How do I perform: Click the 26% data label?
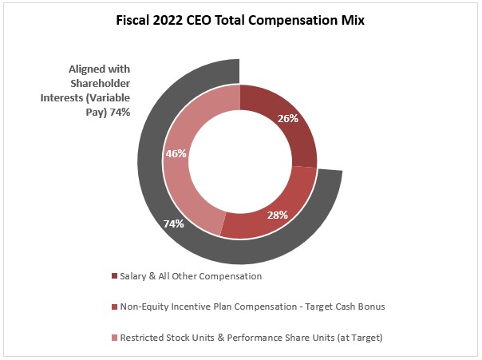(288, 118)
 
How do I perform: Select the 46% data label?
(176, 152)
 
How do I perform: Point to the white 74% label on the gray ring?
(174, 224)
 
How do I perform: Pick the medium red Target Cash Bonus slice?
(263, 220)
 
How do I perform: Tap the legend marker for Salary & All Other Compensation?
(114, 276)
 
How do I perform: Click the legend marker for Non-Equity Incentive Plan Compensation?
(114, 307)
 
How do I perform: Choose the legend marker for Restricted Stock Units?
(114, 338)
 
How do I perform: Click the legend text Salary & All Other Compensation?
(191, 276)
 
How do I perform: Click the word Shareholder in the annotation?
(100, 84)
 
